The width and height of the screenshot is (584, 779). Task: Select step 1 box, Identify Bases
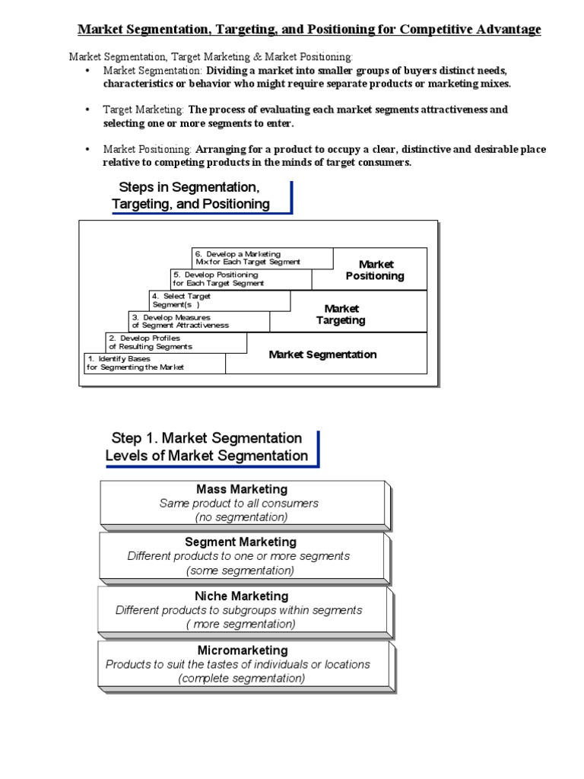154,363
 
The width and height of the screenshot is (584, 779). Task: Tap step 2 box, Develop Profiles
176,342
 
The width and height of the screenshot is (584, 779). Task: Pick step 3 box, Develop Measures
198,321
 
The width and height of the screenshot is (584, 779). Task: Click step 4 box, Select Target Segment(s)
219,300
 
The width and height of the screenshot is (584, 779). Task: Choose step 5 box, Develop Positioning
240,279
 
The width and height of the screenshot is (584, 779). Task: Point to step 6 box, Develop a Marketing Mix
262,258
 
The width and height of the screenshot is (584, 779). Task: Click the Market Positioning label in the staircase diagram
375,270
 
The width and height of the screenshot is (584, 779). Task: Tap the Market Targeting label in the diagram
341,314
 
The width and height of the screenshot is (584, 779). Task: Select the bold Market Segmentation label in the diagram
322,355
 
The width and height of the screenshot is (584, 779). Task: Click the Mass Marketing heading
242,489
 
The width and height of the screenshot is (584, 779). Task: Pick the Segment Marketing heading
240,542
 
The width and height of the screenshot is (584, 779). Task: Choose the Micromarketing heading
243,650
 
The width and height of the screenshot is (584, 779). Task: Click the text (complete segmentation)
242,679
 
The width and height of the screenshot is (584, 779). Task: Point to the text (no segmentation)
241,517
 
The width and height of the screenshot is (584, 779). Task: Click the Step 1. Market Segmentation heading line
206,438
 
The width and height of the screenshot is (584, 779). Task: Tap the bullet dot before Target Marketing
87,110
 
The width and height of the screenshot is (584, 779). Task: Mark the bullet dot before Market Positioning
87,149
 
